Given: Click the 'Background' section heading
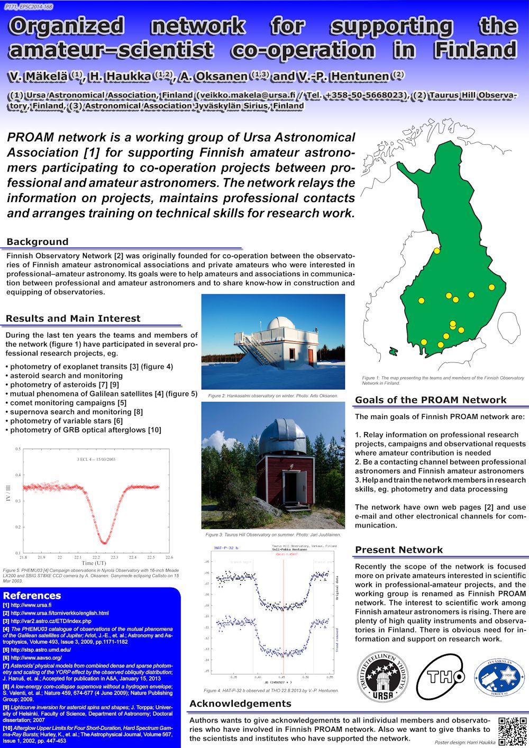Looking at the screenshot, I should coord(38,242).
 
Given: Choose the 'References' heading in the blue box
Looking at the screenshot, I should coord(32,595).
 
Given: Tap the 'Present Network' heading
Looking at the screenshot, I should coord(399,550).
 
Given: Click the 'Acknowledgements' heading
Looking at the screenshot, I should coord(240,704).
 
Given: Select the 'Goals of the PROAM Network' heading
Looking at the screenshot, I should coord(431,400).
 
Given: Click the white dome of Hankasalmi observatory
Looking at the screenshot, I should coord(280,323).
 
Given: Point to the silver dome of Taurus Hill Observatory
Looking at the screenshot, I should coord(282,434).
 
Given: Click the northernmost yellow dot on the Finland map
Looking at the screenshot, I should coord(437,251).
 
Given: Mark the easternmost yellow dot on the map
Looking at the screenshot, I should coord(491,287).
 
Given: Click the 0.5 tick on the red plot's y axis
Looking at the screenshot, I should coord(17,449).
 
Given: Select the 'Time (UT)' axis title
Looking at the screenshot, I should coord(95,563).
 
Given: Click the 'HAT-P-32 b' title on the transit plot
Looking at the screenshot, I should coord(226,548).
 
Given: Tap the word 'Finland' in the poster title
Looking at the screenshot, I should coord(475,50).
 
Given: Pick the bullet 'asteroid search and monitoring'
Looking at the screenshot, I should coord(66,376).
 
